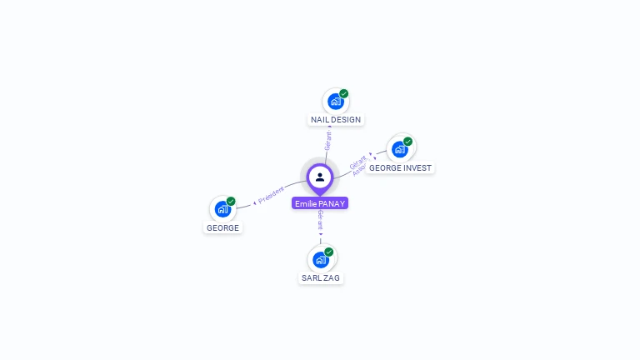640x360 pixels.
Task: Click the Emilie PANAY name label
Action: [x=320, y=203]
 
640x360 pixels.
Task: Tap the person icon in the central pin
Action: [x=320, y=177]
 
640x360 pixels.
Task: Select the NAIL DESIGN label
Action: [x=336, y=120]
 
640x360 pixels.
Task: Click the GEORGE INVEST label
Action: [x=400, y=167]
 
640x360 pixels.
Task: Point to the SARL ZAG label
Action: [x=321, y=277]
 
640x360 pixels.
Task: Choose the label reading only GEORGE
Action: [x=222, y=227]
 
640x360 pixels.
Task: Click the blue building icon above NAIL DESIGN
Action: [x=335, y=102]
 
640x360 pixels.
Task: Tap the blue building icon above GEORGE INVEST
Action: [x=399, y=149]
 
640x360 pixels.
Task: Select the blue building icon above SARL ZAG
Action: [x=321, y=259]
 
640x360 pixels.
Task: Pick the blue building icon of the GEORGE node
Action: [x=222, y=209]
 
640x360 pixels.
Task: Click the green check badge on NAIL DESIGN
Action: [x=344, y=93]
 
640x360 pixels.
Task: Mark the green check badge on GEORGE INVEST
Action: [x=408, y=141]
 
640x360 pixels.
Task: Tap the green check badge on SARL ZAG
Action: [x=329, y=252]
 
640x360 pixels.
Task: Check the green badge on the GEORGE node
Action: [x=231, y=201]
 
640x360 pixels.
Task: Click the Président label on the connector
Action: [x=271, y=195]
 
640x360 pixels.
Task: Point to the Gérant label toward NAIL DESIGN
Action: [x=328, y=141]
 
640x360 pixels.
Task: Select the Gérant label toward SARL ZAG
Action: [x=320, y=221]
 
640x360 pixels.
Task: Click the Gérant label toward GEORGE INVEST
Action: [x=357, y=162]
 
